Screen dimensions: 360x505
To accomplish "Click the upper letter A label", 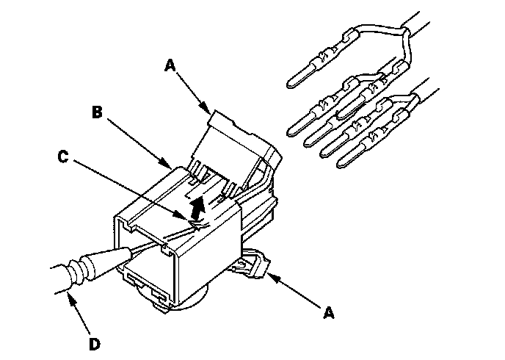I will point(170,65).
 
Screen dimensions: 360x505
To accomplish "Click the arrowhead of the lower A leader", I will point(269,276).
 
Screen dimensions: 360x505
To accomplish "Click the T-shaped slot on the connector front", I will point(145,283).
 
